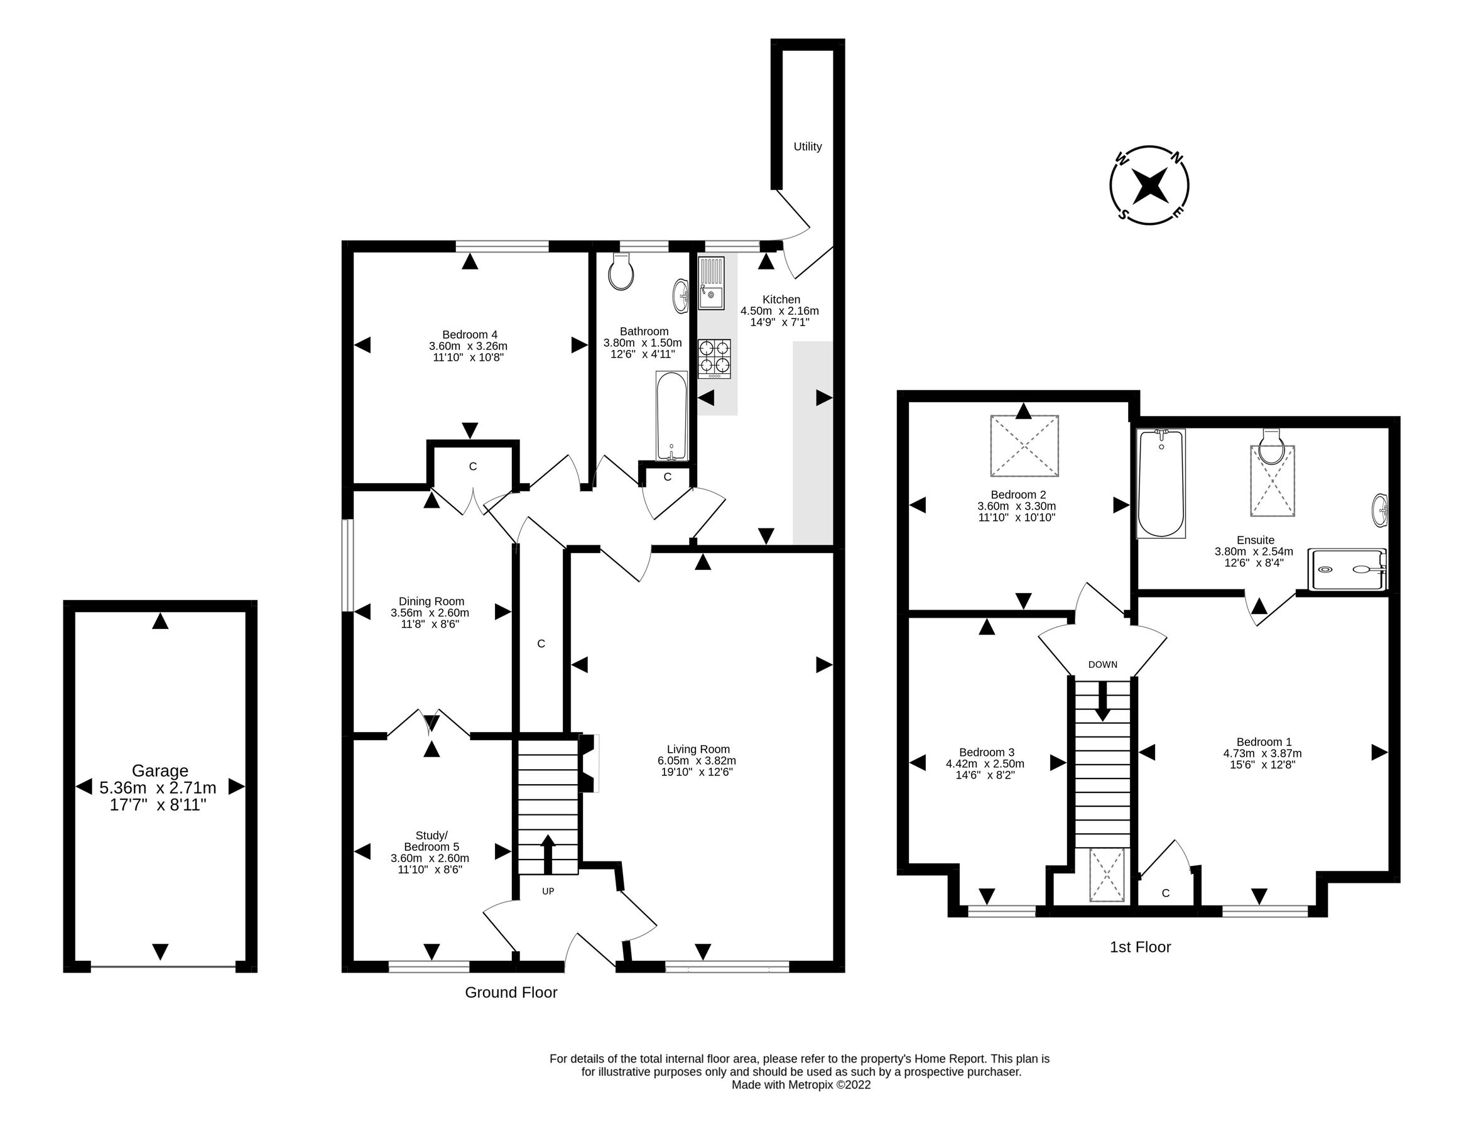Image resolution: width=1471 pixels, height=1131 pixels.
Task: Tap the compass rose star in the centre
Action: pos(1148,185)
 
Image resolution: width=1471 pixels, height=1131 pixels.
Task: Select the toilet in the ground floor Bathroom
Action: pos(621,272)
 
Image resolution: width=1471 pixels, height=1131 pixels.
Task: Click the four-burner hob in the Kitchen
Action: pos(714,358)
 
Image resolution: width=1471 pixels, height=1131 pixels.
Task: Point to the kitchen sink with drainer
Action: pos(710,283)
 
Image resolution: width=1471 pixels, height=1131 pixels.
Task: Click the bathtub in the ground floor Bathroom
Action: pos(671,415)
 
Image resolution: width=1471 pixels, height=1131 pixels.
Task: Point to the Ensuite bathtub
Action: pos(1160,483)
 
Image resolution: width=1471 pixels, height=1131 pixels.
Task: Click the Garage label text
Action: pos(160,771)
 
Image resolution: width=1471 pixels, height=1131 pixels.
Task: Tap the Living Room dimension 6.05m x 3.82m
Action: pos(697,761)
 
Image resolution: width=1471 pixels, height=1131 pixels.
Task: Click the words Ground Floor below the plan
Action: pos(511,992)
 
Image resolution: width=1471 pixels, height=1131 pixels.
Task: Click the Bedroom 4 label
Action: pos(469,334)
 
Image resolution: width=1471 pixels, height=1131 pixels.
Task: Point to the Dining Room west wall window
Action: pos(347,565)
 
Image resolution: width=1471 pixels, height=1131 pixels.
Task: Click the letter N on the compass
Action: pos(1177,158)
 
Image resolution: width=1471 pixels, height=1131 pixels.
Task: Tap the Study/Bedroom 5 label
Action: pos(431,841)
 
